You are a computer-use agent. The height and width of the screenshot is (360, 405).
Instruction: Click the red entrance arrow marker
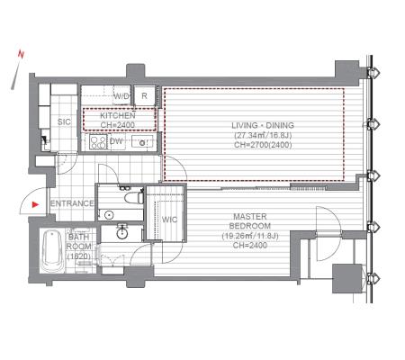click(36, 204)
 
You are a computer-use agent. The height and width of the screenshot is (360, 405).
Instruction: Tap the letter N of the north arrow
click(21, 54)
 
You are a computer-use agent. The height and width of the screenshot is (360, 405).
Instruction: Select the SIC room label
click(64, 121)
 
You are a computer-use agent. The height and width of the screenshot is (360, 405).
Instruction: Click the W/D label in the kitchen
click(121, 96)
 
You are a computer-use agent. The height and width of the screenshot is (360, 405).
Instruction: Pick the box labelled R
click(144, 95)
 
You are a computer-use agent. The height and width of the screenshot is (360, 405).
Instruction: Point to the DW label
click(116, 141)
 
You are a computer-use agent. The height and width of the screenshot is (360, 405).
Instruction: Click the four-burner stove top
click(98, 142)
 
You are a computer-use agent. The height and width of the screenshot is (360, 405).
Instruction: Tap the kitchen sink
click(142, 141)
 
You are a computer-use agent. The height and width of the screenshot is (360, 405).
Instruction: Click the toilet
click(134, 198)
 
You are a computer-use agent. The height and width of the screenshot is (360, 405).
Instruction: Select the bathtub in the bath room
click(52, 251)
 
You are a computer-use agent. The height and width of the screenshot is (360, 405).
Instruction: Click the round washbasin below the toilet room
click(122, 233)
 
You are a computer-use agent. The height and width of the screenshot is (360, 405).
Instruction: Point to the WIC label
click(169, 220)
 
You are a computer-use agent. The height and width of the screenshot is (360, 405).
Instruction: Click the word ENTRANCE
click(72, 203)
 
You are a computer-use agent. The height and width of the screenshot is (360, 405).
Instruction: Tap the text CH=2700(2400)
click(263, 145)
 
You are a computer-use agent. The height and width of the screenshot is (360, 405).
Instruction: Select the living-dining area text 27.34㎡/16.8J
click(263, 135)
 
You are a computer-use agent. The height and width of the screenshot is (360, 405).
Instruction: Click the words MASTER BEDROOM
click(250, 221)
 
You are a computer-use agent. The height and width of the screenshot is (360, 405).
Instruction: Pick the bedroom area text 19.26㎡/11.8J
click(250, 236)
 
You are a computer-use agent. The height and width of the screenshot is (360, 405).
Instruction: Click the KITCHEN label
click(118, 115)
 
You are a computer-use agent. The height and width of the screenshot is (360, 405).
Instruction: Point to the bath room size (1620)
click(79, 256)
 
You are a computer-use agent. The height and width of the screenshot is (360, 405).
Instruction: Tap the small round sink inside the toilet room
click(109, 215)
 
